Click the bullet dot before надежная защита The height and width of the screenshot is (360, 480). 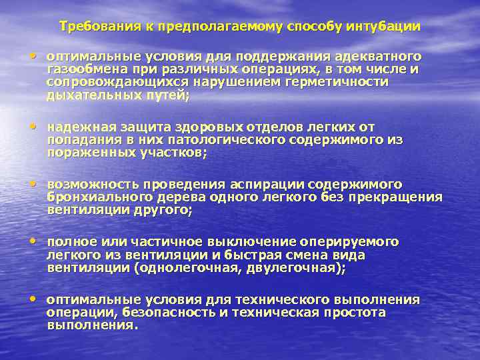pyautogui.click(x=33, y=125)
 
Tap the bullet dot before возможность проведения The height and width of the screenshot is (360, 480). pyautogui.click(x=33, y=183)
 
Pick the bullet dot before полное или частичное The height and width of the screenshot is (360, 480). pyautogui.click(x=33, y=240)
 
